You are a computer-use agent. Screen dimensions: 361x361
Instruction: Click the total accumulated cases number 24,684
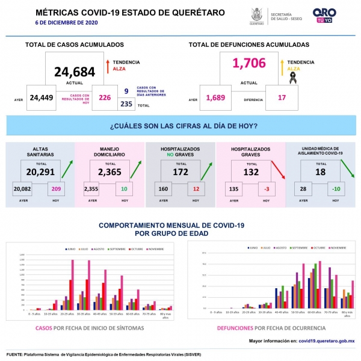click(x=75, y=72)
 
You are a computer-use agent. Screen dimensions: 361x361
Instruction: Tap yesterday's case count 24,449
click(x=42, y=97)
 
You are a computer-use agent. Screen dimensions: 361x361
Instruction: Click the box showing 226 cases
click(x=105, y=97)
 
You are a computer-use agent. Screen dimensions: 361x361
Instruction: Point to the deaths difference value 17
click(x=282, y=97)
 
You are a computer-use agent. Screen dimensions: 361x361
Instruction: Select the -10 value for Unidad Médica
click(x=338, y=190)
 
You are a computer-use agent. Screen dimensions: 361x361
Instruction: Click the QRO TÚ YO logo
click(x=325, y=15)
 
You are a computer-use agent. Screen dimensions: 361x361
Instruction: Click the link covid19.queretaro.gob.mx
click(x=326, y=341)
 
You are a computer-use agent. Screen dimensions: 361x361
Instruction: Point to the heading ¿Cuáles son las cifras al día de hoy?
click(x=184, y=126)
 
